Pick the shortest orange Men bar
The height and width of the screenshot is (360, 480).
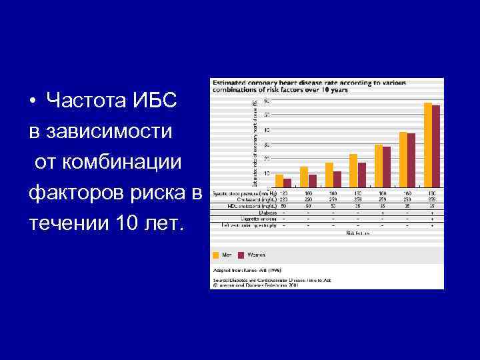pyautogui.click(x=279, y=181)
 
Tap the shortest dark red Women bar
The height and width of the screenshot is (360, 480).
pyautogui.click(x=287, y=183)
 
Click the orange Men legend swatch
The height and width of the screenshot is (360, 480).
pyautogui.click(x=216, y=254)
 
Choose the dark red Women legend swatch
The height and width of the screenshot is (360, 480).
pyautogui.click(x=242, y=254)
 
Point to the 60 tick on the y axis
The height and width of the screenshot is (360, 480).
pyautogui.click(x=267, y=101)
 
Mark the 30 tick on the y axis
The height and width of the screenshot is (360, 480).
pyautogui.click(x=267, y=144)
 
